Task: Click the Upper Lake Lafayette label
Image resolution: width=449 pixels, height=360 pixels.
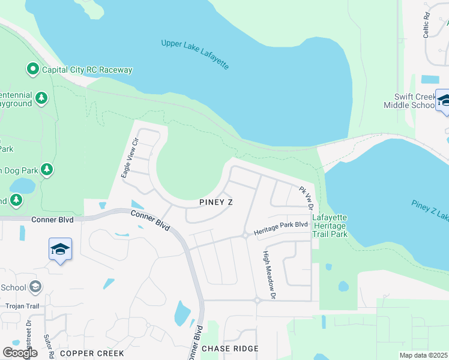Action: pos(195,53)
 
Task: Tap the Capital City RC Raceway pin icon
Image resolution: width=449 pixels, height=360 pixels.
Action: pos(33,70)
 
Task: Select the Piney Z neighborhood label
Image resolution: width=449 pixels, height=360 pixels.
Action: pos(216,203)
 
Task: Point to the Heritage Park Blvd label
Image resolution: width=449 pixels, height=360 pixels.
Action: pos(280,229)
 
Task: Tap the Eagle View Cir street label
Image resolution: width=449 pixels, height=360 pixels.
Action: pos(130,158)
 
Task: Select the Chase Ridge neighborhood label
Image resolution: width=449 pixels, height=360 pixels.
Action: pos(230,349)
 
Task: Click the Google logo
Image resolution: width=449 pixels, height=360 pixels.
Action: pos(20,353)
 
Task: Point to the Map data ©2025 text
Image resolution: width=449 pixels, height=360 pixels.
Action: pos(423,355)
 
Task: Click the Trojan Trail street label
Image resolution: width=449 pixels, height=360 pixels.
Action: pos(22,306)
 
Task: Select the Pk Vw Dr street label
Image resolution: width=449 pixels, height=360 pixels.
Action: pos(307,197)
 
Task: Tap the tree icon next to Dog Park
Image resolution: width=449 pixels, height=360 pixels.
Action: pos(47,170)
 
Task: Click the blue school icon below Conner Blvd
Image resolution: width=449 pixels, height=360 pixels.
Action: pos(60,249)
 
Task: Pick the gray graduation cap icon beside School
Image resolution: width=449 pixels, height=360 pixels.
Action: pos(36,287)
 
